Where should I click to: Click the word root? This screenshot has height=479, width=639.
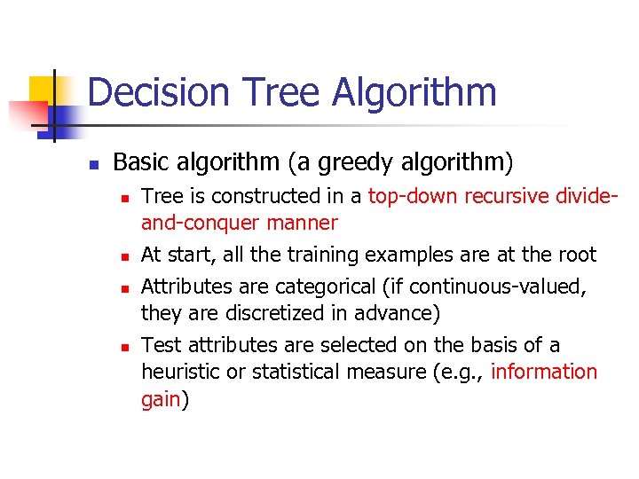577,255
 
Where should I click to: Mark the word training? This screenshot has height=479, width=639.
319,255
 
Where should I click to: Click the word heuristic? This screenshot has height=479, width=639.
181,372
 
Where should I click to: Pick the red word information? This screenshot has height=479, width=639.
543,372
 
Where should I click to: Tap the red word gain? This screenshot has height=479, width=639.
161,399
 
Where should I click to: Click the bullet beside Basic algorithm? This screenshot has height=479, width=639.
92,164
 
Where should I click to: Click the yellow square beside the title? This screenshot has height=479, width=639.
43,90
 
